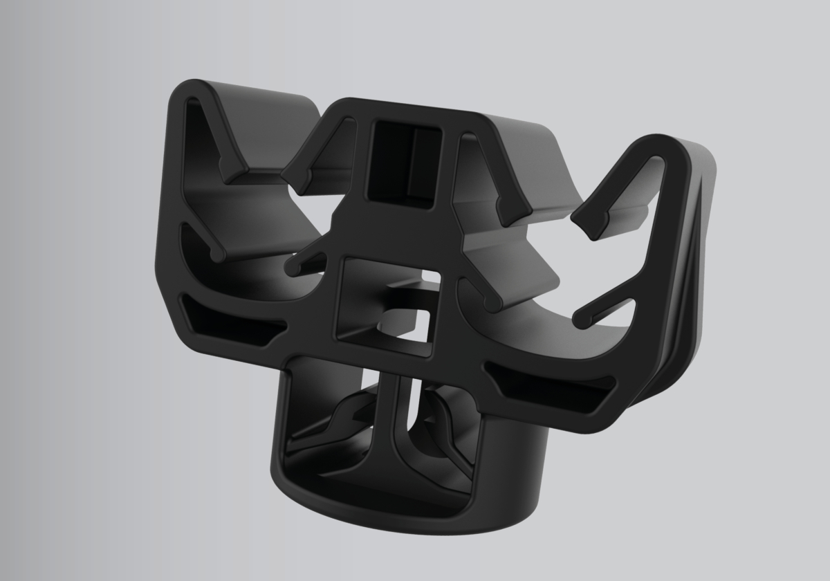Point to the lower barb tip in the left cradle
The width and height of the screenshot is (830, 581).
click(219, 255)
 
